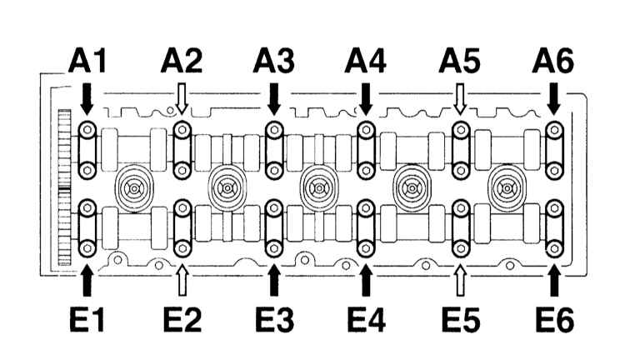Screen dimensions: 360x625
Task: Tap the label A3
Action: pyautogui.click(x=272, y=62)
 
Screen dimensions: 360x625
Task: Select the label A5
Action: pyautogui.click(x=459, y=62)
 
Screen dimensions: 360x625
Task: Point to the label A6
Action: pyautogui.click(x=554, y=62)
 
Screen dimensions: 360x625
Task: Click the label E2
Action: pyautogui.click(x=182, y=320)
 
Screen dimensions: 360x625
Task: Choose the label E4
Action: pyautogui.click(x=367, y=320)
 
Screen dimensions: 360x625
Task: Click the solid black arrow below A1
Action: pyautogui.click(x=87, y=101)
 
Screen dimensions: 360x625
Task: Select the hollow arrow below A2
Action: pyautogui.click(x=182, y=101)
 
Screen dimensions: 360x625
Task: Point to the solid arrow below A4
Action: pyautogui.click(x=366, y=101)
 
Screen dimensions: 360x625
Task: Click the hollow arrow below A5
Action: pyautogui.click(x=459, y=101)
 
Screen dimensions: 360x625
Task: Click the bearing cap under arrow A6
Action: pyautogui.click(x=554, y=150)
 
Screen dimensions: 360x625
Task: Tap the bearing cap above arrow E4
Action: pyautogui.click(x=366, y=227)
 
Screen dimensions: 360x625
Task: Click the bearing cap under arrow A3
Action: pyautogui.click(x=273, y=150)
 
